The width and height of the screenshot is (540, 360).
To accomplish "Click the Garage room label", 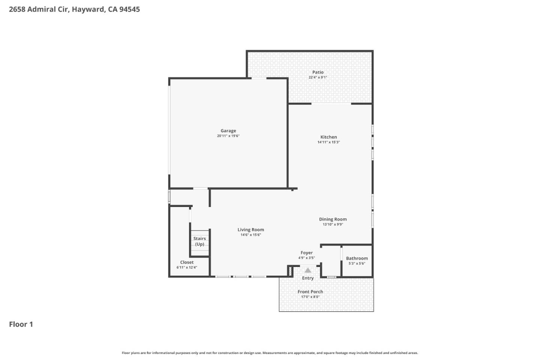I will click(x=228, y=131).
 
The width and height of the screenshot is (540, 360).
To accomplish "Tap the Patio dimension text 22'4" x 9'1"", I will click(x=318, y=78).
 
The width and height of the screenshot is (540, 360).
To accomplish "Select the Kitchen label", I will click(x=328, y=137).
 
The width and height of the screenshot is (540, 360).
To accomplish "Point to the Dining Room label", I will click(x=333, y=219).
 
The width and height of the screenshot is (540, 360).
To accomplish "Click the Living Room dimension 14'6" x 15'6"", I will click(x=250, y=235).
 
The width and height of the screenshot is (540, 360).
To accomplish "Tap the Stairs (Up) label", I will click(x=199, y=241).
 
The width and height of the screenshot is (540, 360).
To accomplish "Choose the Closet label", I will click(x=187, y=262).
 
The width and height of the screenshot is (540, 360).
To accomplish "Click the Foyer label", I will click(x=306, y=253).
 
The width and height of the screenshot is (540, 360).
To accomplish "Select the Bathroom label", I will click(x=357, y=258).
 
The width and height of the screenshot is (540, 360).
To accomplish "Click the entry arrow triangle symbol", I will click(x=308, y=270).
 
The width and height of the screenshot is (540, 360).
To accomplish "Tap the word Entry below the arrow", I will click(x=308, y=278).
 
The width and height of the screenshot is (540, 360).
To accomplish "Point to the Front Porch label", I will click(x=310, y=292).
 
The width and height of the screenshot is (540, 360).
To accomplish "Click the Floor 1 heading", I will click(x=21, y=324).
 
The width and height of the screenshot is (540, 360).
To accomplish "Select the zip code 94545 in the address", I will click(x=129, y=9).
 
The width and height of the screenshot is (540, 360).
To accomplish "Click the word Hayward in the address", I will click(x=88, y=9).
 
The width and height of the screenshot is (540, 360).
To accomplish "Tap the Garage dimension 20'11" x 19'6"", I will click(x=228, y=136).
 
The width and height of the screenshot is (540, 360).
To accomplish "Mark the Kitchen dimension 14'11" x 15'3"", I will click(x=328, y=142).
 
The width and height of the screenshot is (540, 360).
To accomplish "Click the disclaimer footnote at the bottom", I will click(x=270, y=353).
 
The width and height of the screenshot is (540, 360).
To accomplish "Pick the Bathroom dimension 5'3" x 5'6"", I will click(x=357, y=264).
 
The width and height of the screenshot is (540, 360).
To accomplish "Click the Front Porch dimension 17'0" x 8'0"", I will click(x=310, y=297).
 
